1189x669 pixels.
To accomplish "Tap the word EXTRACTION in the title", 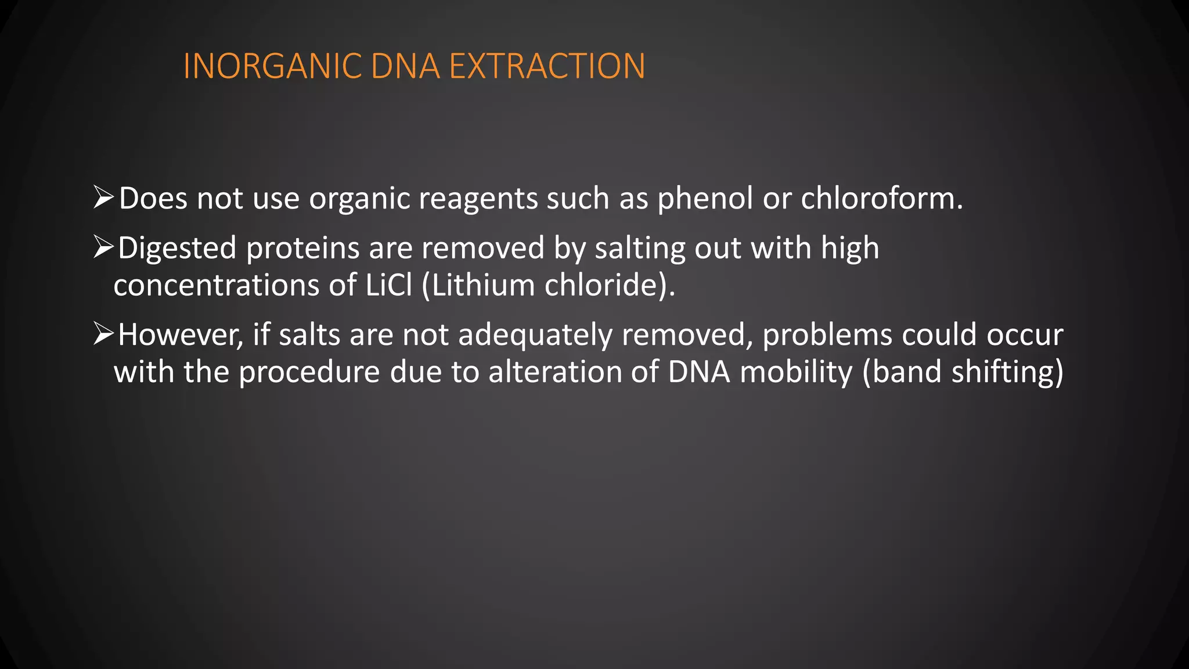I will point(547,66).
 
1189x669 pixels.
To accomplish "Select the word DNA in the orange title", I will point(405,66).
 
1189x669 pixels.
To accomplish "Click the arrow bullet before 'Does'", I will point(103,197).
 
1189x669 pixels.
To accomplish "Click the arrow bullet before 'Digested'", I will point(103,247).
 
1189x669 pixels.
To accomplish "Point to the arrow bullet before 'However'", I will point(103,334).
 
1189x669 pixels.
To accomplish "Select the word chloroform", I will point(881,199).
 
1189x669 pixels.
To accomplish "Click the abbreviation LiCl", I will point(388,285).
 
